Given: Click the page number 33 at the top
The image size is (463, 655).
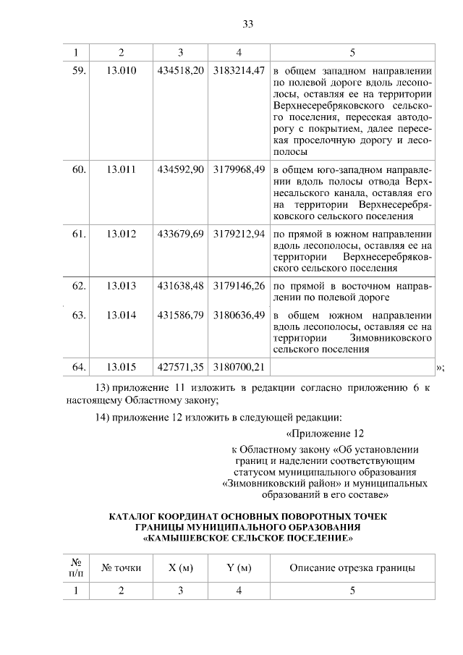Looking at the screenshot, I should [247, 24].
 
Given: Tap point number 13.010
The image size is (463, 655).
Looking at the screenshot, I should [121, 72].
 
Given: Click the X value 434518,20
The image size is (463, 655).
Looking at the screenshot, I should [180, 72].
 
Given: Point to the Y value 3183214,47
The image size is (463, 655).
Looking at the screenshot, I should [239, 72].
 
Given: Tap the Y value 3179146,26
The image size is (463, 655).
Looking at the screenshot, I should [239, 285].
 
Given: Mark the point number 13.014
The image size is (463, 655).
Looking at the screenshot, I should [121, 315].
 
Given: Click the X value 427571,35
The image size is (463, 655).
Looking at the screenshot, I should [180, 367].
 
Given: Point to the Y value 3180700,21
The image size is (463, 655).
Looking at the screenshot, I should [239, 367].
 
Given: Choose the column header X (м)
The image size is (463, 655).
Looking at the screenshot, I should [180, 568].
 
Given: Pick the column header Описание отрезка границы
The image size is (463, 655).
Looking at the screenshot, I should [352, 568].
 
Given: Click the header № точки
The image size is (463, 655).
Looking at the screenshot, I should [121, 568].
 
